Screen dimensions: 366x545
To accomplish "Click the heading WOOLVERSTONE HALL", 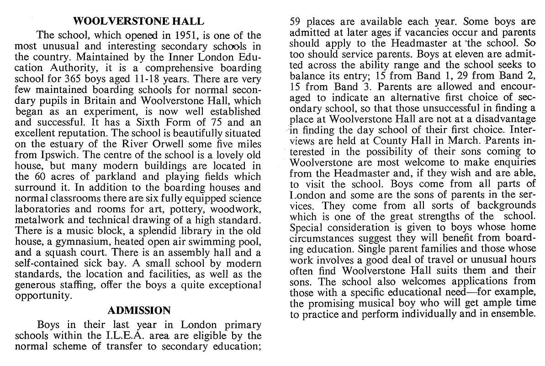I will [x=139, y=21].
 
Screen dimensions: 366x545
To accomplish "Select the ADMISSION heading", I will [x=139, y=311].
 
